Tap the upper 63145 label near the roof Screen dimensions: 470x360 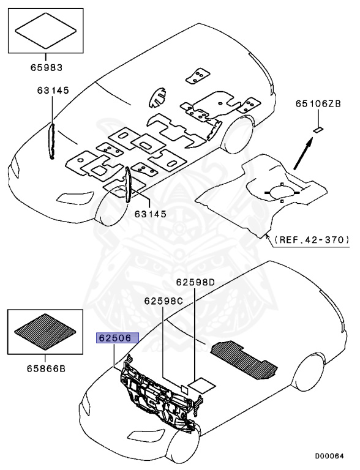51,91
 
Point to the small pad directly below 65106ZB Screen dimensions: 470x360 318,129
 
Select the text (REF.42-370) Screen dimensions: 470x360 311,239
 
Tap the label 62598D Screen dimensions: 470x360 196,282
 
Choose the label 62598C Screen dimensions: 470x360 164,301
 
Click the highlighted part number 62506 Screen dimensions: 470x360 116,337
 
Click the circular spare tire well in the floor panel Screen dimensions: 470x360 280,192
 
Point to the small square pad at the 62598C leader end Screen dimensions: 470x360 182,387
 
